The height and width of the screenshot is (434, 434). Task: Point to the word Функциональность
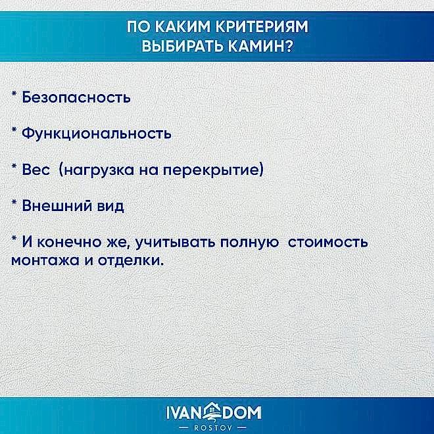pyautogui.click(x=97, y=133)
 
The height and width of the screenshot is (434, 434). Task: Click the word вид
pyautogui.click(x=110, y=206)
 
